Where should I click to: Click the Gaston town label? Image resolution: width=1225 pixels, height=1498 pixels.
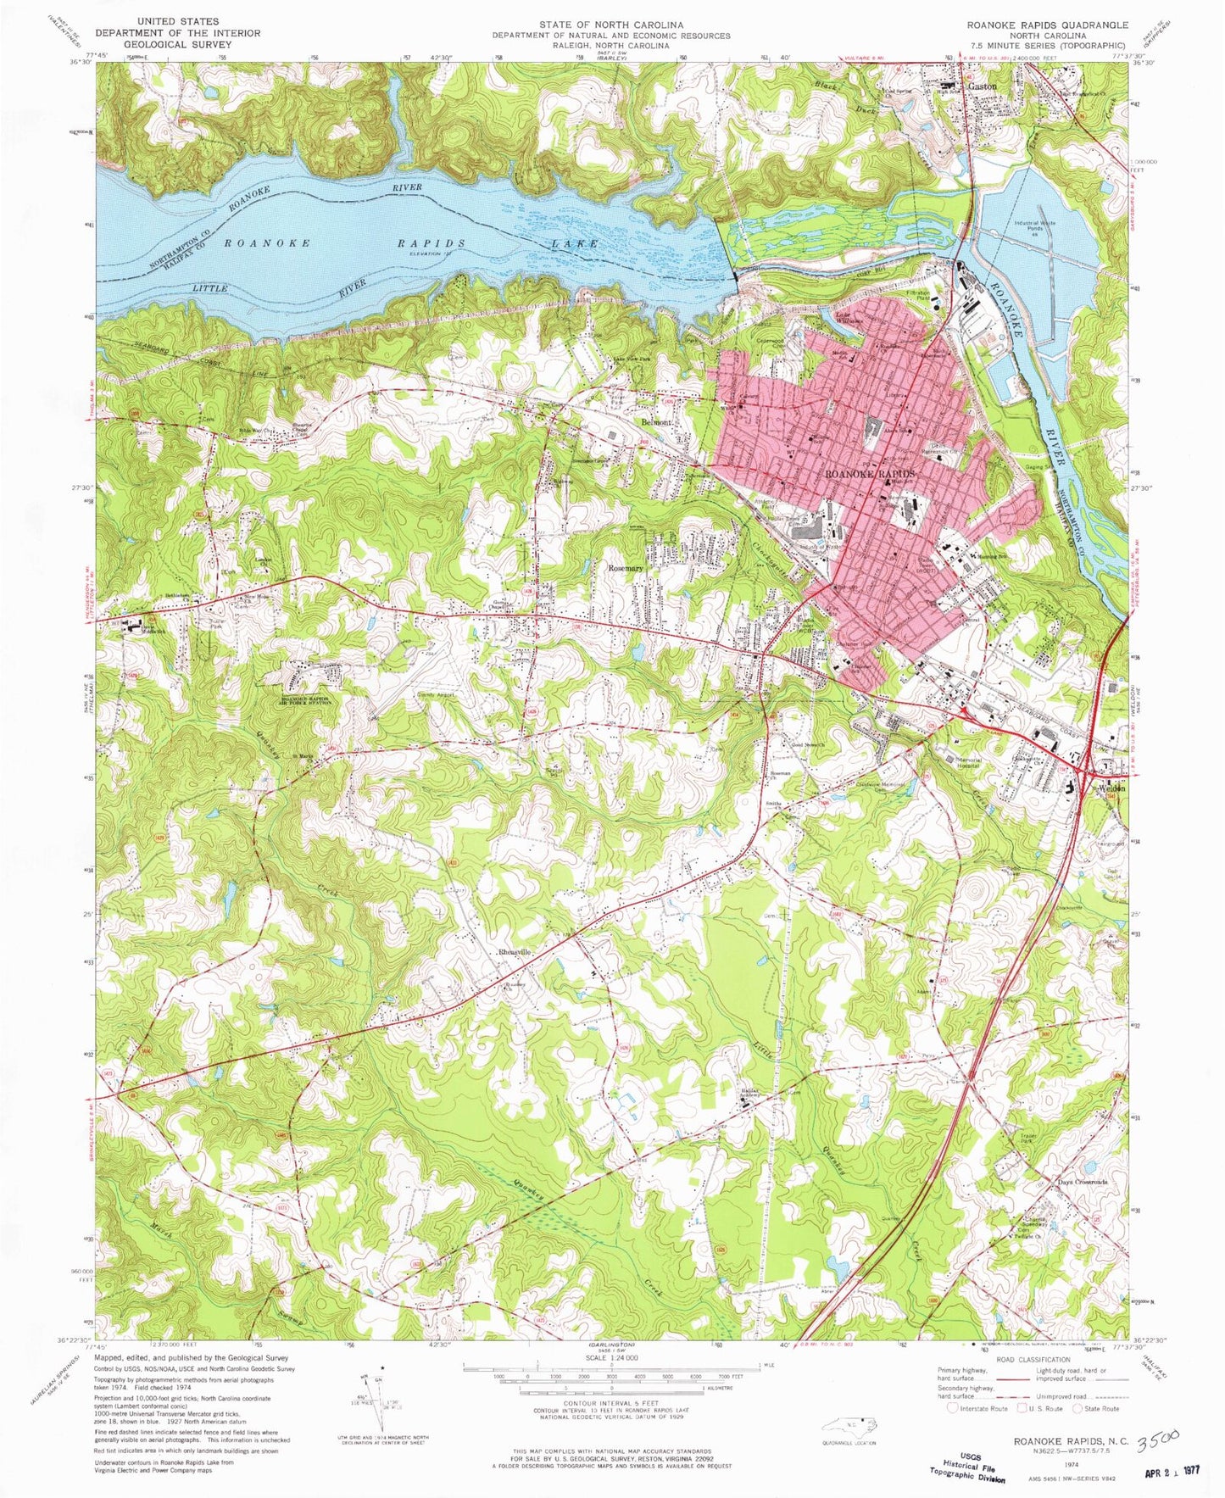(983, 86)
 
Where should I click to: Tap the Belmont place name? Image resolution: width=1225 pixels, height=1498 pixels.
(655, 421)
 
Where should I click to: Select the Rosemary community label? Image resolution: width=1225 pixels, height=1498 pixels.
(626, 568)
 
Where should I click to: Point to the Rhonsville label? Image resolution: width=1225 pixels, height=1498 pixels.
(515, 952)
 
